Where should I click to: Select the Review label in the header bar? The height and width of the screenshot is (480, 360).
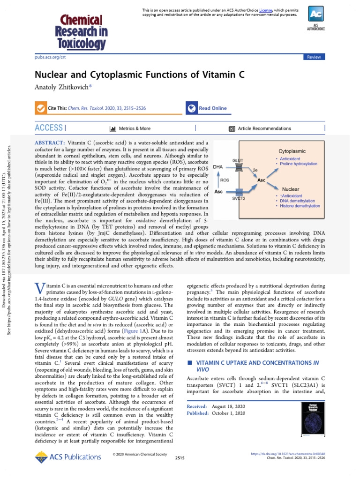click(314, 57)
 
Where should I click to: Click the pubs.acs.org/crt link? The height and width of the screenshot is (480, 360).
click(50, 57)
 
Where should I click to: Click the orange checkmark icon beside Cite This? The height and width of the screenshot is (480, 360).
click(41, 108)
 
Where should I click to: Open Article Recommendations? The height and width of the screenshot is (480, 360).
click(260, 128)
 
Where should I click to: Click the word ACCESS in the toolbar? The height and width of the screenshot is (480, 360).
click(49, 127)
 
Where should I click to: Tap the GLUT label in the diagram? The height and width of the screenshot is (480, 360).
click(238, 160)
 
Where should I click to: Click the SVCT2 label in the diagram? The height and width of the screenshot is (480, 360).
click(239, 199)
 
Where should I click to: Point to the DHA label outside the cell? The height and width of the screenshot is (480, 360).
click(218, 166)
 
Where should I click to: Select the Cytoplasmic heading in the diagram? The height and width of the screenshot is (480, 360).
click(292, 151)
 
